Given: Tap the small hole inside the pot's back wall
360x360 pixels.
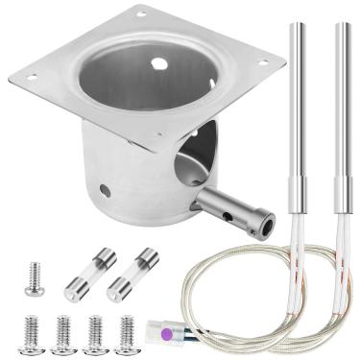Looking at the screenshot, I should pyautogui.click(x=158, y=64).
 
